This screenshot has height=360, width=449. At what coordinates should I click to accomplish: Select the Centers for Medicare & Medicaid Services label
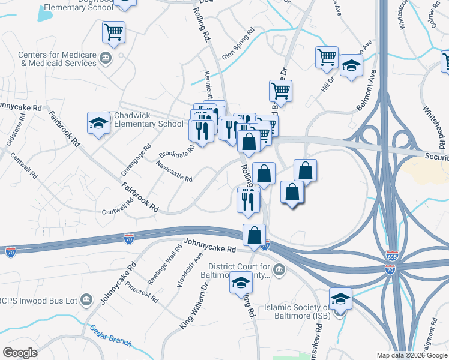pyautogui.click(x=57, y=59)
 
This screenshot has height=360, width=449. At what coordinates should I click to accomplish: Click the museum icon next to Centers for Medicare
pyautogui.click(x=106, y=58)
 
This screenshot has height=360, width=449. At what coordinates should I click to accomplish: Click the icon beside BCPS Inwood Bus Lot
pyautogui.click(x=86, y=299)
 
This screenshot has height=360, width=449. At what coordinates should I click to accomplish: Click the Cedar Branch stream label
pyautogui.click(x=111, y=335)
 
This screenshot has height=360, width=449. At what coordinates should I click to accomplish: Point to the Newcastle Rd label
pyautogui.click(x=173, y=171)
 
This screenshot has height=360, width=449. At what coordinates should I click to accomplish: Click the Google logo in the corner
pyautogui.click(x=20, y=353)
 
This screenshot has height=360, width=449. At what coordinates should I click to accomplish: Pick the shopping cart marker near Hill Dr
pyautogui.click(x=327, y=58)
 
